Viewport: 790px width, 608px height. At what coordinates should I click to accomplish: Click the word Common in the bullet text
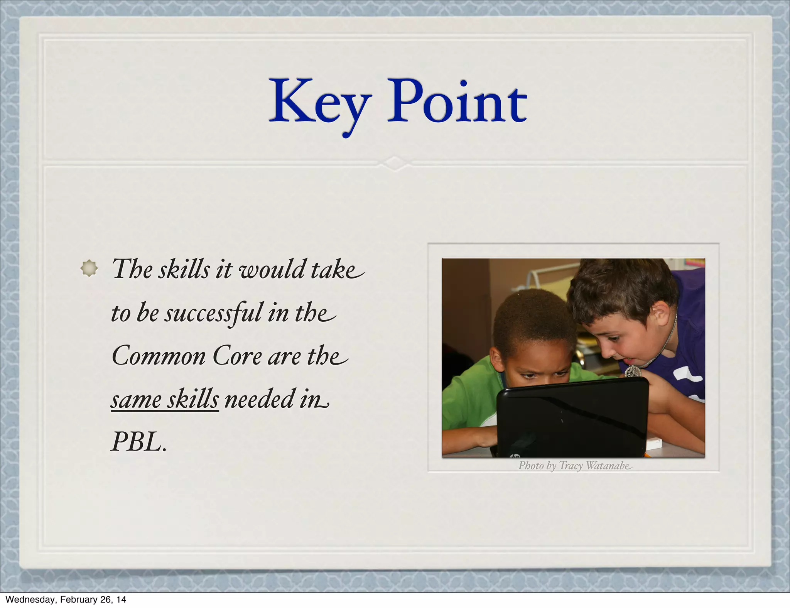coord(159,356)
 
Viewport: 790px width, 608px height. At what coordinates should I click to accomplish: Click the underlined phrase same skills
coord(165,399)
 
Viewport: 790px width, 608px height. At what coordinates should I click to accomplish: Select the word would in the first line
coord(272,269)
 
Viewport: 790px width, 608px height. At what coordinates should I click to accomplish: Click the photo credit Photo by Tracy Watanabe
coord(574,466)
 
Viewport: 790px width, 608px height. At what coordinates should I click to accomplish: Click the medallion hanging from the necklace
coord(633,372)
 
